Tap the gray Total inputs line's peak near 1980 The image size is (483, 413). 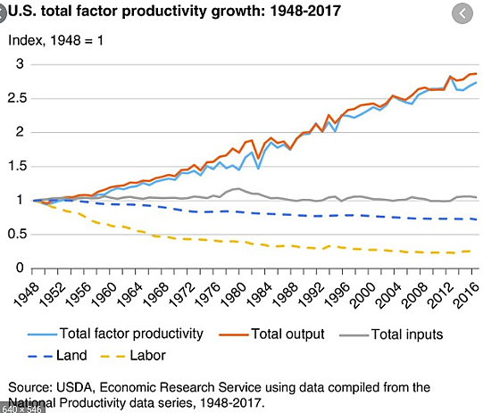(237, 188)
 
